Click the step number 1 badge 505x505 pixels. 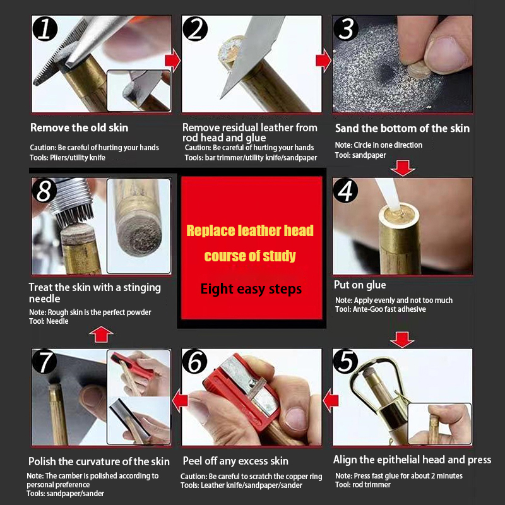tap(45, 28)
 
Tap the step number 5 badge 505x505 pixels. tap(345, 361)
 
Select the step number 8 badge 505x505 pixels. tap(44, 191)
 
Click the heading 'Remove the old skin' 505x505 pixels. tap(80, 128)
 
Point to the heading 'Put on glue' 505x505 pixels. tap(360, 285)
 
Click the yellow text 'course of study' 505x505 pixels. tap(250, 256)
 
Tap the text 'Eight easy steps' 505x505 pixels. tap(251, 289)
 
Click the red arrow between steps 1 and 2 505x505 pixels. tap(172, 60)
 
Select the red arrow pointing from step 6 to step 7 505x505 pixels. tap(180, 401)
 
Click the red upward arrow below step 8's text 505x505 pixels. tap(101, 335)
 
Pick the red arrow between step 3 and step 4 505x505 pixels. tap(403, 168)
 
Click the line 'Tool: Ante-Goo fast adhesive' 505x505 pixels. tap(381, 309)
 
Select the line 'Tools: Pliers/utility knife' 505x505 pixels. tap(68, 158)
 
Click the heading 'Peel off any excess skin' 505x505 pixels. tap(235, 461)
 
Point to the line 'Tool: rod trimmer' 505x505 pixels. tap(362, 485)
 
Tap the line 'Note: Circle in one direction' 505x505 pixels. tap(378, 145)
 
